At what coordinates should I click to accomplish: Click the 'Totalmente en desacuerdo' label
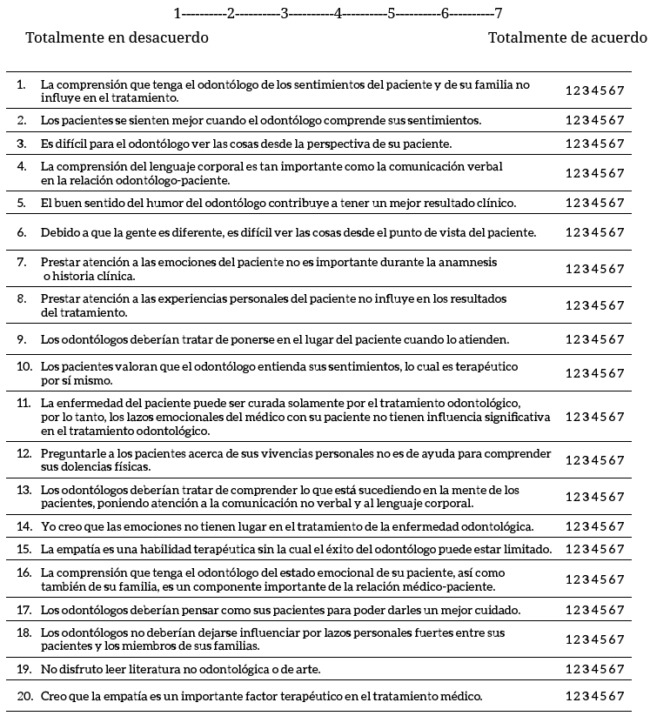[117, 38]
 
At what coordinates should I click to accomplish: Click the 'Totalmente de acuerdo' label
[567, 38]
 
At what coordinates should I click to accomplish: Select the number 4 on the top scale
[338, 14]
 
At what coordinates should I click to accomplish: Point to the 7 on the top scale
[498, 14]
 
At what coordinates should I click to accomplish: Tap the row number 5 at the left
[22, 204]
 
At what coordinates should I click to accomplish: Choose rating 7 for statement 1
[621, 90]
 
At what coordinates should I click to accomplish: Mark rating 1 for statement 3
[569, 144]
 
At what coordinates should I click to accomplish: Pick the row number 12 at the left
[23, 454]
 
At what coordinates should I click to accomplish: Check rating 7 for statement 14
[621, 526]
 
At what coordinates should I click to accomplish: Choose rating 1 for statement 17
[569, 610]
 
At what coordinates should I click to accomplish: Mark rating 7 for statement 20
[621, 696]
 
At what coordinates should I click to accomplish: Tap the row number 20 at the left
[24, 696]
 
